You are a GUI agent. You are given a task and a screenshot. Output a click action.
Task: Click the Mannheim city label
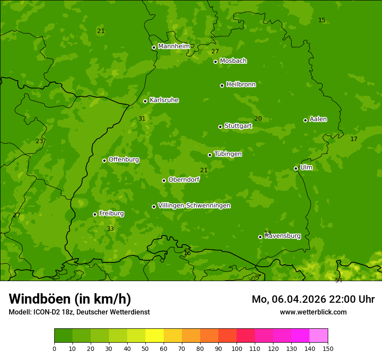(174, 46)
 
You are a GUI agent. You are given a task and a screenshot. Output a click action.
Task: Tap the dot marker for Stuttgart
(220, 127)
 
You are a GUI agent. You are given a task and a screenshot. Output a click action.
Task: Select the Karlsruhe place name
(164, 100)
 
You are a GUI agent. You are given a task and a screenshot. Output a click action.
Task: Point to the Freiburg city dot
(95, 214)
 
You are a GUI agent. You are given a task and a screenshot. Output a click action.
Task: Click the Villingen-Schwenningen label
(194, 206)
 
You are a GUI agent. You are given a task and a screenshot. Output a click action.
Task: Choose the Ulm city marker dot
(296, 168)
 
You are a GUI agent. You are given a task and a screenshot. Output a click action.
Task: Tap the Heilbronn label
(241, 85)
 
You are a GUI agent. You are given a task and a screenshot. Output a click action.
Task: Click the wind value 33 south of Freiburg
(110, 229)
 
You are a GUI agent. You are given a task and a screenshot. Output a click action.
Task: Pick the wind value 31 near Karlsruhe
(142, 118)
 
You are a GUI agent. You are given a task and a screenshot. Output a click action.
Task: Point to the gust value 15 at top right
(322, 20)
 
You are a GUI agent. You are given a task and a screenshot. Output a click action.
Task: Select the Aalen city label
(318, 119)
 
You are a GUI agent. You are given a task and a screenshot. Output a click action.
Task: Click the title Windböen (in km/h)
(70, 299)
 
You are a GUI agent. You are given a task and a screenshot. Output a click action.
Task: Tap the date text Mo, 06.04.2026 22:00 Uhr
(313, 299)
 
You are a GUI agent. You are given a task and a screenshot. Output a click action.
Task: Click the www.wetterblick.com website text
(313, 312)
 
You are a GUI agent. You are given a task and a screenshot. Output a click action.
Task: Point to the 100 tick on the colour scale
(237, 348)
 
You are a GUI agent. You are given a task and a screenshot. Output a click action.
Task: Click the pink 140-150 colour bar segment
(319, 336)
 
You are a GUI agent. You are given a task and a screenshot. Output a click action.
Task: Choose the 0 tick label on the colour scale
(54, 348)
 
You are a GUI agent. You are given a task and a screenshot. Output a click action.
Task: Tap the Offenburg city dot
(104, 160)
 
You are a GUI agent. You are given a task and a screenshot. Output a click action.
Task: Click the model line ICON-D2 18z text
(79, 312)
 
